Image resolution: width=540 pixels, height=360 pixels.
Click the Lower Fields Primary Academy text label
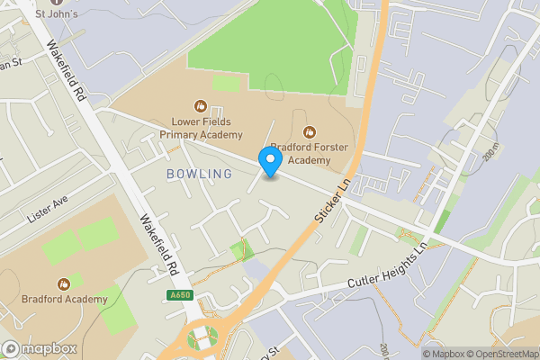click(x=202, y=129)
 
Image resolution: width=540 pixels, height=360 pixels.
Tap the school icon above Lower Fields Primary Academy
click(x=202, y=106)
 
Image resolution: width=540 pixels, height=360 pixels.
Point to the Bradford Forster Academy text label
click(x=310, y=154)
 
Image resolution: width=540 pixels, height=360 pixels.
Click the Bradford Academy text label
click(x=63, y=299)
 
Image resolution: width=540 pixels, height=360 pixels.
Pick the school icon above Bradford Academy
click(x=63, y=283)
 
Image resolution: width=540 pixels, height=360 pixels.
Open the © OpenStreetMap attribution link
click(x=502, y=353)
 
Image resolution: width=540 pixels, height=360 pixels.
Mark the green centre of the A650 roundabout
click(x=202, y=339)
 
